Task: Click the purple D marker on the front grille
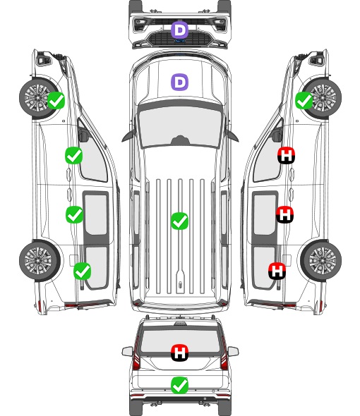[x=179, y=30]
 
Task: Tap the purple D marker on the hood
[x=179, y=82]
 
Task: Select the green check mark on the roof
[x=179, y=221]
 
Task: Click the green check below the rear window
[x=179, y=385]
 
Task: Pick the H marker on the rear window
[x=179, y=353]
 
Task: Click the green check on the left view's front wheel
[x=56, y=100]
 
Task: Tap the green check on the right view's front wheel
[x=304, y=101]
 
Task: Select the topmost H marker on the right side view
[x=287, y=155]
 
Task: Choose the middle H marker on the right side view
[x=284, y=214]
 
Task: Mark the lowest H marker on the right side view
[x=277, y=271]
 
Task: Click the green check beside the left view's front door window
[x=74, y=155]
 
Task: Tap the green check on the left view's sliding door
[x=74, y=214]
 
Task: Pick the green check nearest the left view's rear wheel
[x=83, y=271]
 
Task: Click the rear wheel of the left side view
[x=40, y=260]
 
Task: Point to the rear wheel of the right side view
[x=321, y=260]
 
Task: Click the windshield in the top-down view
[x=180, y=125]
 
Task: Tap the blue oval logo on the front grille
[x=180, y=41]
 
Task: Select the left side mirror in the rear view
[x=127, y=351]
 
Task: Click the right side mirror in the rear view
[x=233, y=351]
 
